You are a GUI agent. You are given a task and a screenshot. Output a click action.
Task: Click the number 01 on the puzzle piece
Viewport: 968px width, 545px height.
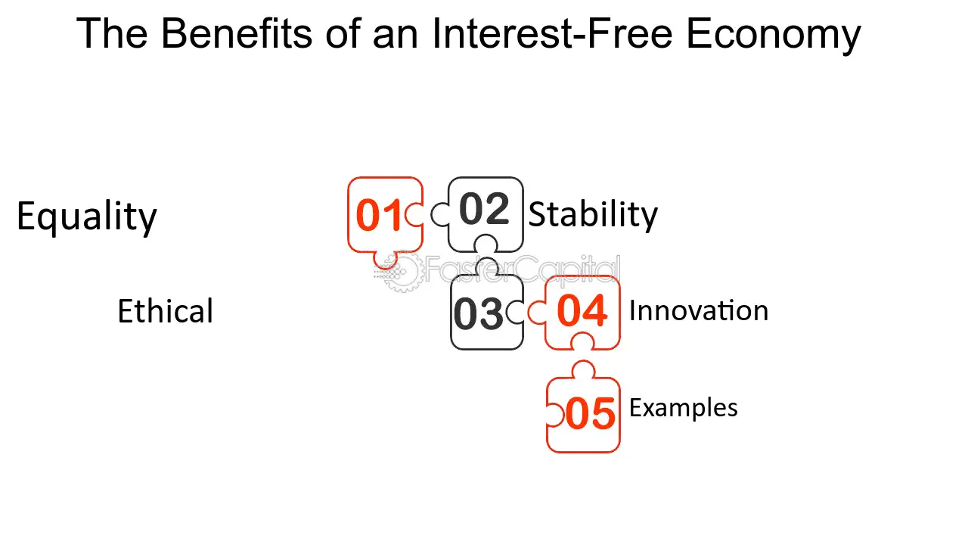(x=379, y=216)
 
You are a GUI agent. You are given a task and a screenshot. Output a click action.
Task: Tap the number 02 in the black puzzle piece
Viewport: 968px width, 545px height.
(x=484, y=210)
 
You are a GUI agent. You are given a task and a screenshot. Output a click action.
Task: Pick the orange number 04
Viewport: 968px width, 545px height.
(x=582, y=311)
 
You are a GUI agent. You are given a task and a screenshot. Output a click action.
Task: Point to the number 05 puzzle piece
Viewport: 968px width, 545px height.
(x=590, y=414)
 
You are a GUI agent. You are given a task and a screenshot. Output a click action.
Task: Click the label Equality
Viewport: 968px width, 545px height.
(x=86, y=217)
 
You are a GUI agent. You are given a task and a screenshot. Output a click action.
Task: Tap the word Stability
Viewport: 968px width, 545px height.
(x=593, y=214)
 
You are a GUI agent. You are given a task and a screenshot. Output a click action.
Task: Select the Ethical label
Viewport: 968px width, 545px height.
(x=165, y=312)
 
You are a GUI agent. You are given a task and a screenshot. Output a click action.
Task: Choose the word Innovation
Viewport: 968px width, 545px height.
(x=698, y=311)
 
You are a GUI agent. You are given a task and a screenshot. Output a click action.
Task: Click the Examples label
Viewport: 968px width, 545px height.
(x=683, y=408)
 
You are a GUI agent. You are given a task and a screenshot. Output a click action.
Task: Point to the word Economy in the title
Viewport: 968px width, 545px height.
(x=773, y=34)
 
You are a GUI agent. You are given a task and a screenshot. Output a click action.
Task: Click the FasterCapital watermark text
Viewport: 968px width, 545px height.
(x=522, y=270)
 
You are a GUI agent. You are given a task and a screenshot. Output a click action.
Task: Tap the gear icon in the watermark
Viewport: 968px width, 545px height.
(x=399, y=272)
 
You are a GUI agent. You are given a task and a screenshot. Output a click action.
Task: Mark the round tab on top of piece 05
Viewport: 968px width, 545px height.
(x=583, y=370)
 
